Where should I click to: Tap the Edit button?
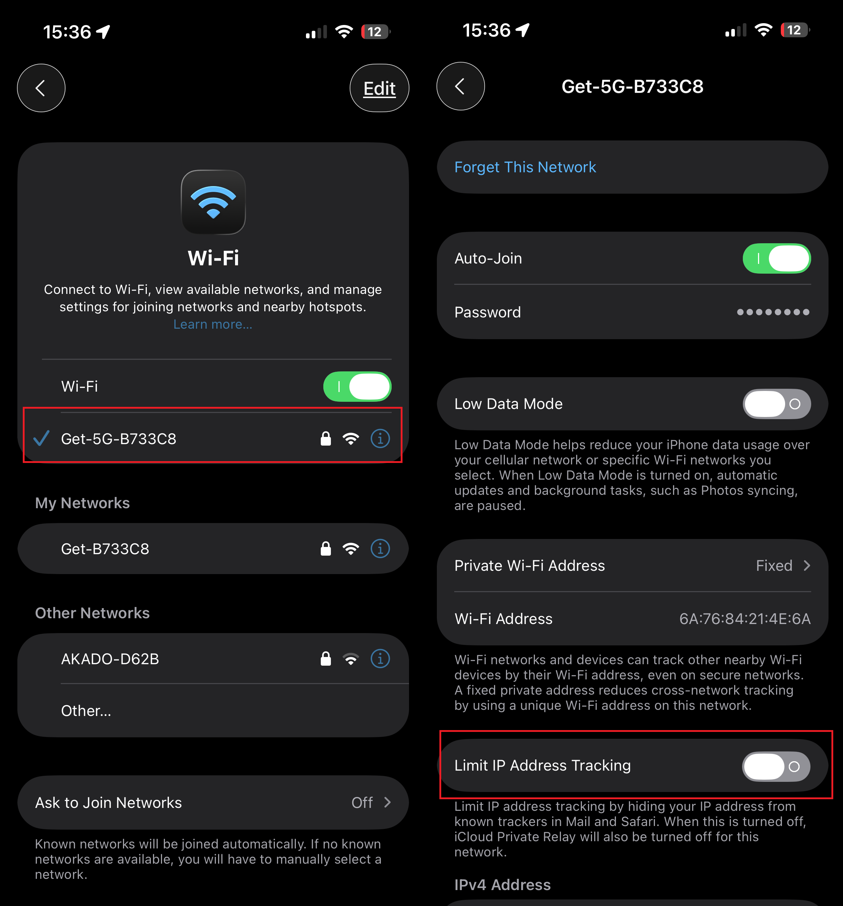point(379,88)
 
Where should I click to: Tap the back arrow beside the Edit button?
point(41,88)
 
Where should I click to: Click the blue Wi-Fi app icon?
point(213,202)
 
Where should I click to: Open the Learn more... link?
point(213,324)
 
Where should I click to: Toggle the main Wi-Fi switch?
point(357,387)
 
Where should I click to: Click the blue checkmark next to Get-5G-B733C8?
point(42,438)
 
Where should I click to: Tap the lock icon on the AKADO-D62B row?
point(325,659)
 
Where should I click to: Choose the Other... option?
point(86,711)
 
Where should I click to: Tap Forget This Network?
point(525,167)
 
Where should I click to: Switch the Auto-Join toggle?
point(776,258)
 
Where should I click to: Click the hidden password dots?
point(773,312)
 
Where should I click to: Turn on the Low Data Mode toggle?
point(776,404)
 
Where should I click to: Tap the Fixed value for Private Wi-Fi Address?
point(774,565)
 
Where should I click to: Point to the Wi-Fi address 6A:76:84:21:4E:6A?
point(745,619)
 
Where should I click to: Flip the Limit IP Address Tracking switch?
point(776,766)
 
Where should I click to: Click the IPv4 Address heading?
point(502,885)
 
